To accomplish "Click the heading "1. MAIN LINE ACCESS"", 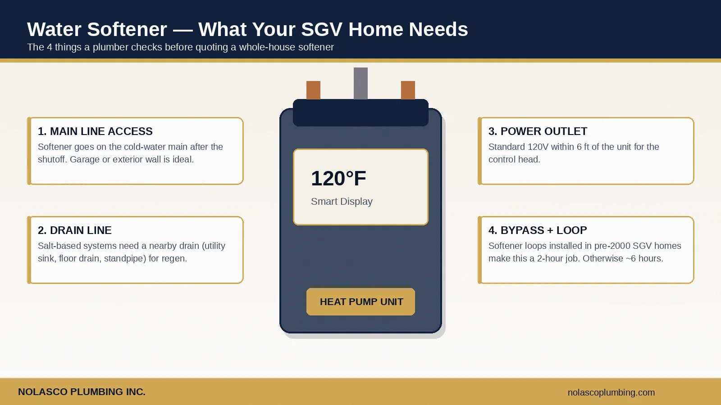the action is pyautogui.click(x=95, y=131).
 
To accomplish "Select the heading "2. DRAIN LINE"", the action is pyautogui.click(x=74, y=230).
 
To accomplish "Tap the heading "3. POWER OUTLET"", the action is pyautogui.click(x=538, y=131).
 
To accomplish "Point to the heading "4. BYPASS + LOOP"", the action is pyautogui.click(x=538, y=230).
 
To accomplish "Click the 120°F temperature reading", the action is pyautogui.click(x=338, y=178).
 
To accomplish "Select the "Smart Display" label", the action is pyautogui.click(x=342, y=202).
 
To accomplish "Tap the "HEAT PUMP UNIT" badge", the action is pyautogui.click(x=360, y=302).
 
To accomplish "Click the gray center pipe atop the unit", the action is pyautogui.click(x=360, y=84).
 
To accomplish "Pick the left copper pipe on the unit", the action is pyautogui.click(x=313, y=90).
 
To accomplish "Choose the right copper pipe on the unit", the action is pyautogui.click(x=408, y=90).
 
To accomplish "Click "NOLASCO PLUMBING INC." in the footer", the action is pyautogui.click(x=82, y=392).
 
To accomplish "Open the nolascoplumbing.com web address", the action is pyautogui.click(x=611, y=392).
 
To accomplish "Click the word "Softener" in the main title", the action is pyautogui.click(x=127, y=29).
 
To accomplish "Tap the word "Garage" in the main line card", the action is pyautogui.click(x=85, y=159).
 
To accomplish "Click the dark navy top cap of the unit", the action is pyautogui.click(x=360, y=112).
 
